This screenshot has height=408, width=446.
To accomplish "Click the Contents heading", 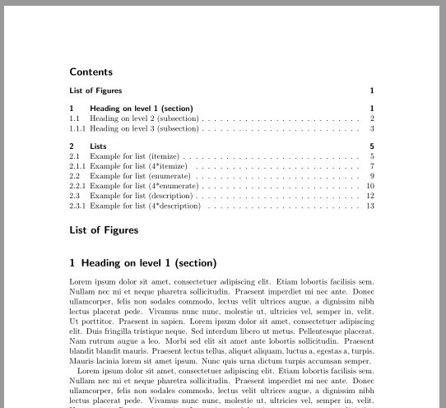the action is tap(91, 72).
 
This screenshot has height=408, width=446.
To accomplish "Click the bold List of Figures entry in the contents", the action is tap(95, 90).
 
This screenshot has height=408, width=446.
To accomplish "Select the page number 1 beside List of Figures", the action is tap(372, 90).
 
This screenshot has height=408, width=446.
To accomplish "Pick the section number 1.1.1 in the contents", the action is tap(78, 128).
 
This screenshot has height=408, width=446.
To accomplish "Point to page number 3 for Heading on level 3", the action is tap(372, 128).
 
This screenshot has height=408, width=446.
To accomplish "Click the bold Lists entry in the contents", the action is tap(98, 146).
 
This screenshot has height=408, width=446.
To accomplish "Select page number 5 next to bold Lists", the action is tap(372, 146).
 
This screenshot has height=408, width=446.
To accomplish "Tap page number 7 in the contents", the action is tap(372, 166).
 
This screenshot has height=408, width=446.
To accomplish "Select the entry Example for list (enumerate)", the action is tap(140, 176).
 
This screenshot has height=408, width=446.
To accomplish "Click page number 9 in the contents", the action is tap(372, 176).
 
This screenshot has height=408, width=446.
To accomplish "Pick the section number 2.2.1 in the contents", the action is tap(78, 186).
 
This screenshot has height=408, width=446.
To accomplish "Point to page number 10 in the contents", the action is tap(370, 186).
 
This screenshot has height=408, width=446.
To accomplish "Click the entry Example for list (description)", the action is tap(142, 196).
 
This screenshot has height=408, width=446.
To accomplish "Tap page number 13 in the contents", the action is tap(370, 206).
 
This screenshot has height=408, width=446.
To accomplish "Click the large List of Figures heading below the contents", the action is tap(105, 230).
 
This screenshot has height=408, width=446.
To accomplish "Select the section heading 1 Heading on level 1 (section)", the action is tap(143, 263).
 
